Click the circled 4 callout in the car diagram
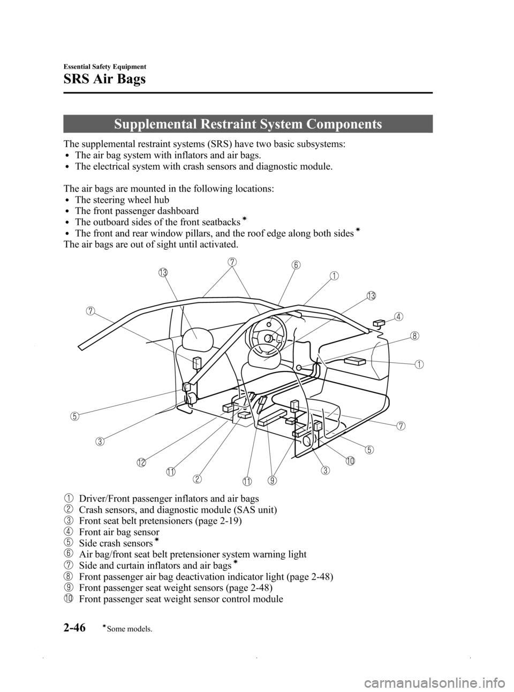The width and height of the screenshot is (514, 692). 398,316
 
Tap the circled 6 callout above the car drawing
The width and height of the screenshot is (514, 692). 296,265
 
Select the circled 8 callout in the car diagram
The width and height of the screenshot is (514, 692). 414,336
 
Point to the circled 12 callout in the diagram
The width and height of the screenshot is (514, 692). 141,463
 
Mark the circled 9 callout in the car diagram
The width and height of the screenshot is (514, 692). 273,480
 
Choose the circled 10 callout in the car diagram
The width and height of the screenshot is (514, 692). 350,461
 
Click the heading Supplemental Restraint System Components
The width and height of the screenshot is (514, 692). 247,124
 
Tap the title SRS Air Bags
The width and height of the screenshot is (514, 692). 104,81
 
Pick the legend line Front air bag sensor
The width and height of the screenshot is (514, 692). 118,533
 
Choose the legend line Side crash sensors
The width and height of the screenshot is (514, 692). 115,544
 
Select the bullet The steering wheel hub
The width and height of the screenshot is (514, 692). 122,200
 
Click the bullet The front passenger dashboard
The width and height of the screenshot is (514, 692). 137,211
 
